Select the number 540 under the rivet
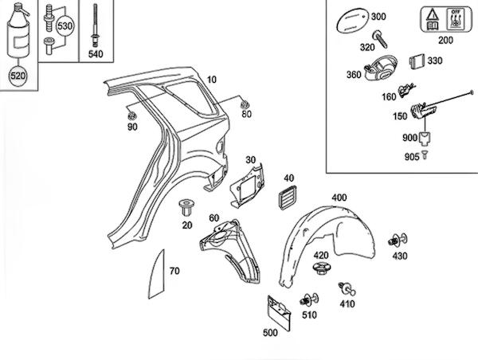point(96,54)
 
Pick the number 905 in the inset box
point(411,157)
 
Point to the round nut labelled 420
point(320,269)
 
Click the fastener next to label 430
point(397,240)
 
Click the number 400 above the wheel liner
point(339,197)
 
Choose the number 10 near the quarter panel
point(211,80)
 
